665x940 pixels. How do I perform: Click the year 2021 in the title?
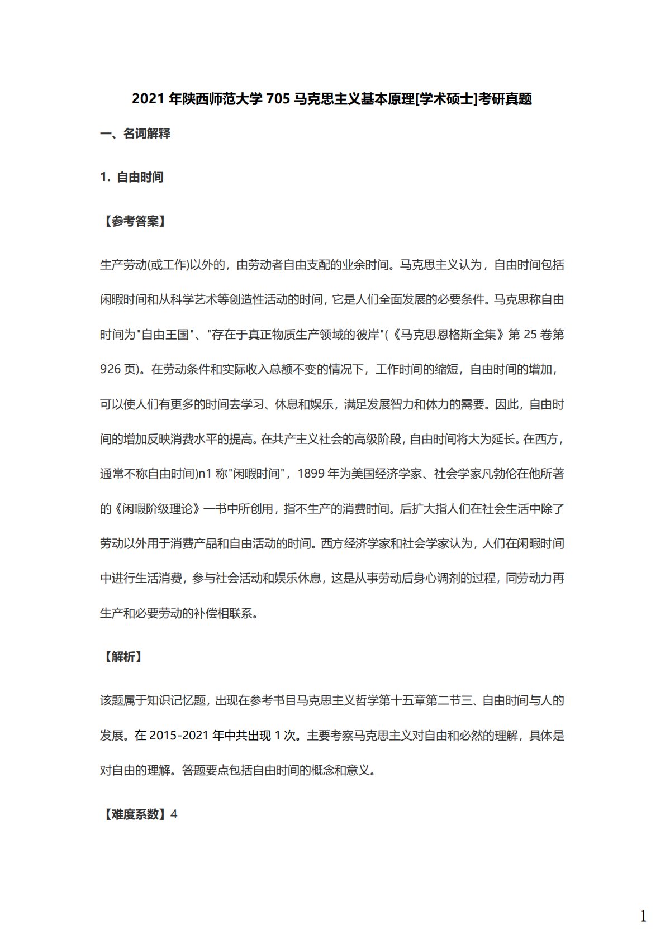[x=148, y=99]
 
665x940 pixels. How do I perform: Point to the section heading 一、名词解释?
[x=135, y=133]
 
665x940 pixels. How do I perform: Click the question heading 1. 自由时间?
[x=132, y=178]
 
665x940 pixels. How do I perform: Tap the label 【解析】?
[x=122, y=657]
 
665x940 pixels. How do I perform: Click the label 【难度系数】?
[x=134, y=814]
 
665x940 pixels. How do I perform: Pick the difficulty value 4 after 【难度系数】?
[x=174, y=814]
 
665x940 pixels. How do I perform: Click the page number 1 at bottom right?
[x=643, y=917]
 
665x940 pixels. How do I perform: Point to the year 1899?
[x=311, y=474]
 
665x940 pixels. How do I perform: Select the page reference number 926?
[x=111, y=370]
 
